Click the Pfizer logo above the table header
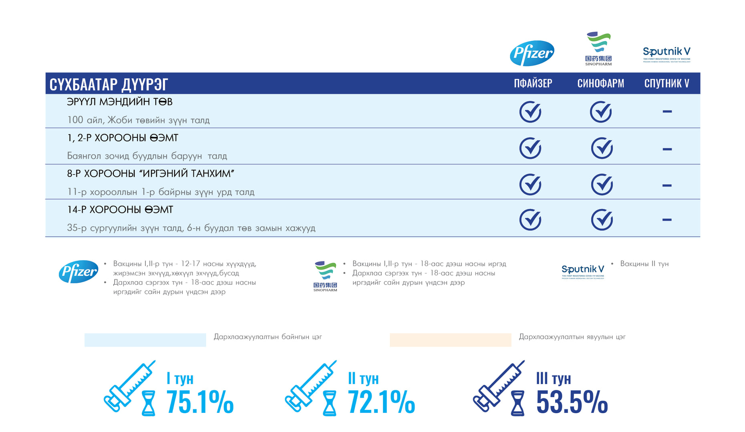pos(532,53)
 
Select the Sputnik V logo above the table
pos(666,54)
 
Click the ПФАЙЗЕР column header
pos(533,83)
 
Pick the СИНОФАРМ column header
pos(600,83)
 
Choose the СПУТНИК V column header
pos(666,83)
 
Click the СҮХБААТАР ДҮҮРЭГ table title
pos(109,84)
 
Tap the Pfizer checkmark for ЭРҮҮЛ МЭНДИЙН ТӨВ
pos(530,112)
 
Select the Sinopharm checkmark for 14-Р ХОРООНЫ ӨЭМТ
pos(602,219)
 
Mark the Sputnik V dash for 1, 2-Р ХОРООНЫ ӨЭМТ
pos(667,149)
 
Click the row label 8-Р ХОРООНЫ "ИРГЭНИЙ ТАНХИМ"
pos(151,174)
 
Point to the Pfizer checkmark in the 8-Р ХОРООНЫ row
pos(530,184)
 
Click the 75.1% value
pos(200,402)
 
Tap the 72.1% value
pos(381,402)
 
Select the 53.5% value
pos(572,402)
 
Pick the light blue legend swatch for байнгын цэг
pos(145,340)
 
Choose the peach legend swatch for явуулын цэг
pos(450,340)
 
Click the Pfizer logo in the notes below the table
pos(79,272)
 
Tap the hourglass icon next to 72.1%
pos(330,404)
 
